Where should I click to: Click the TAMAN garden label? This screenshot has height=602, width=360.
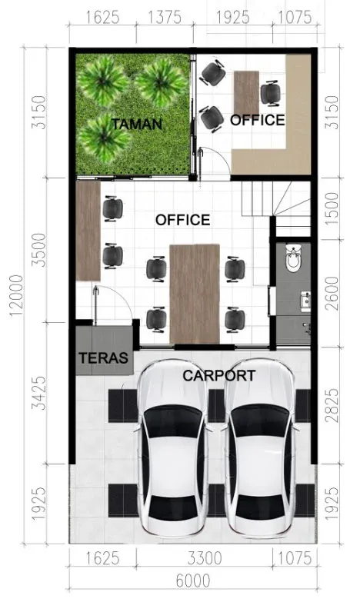pos(136,123)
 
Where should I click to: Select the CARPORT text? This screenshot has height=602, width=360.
pos(218,375)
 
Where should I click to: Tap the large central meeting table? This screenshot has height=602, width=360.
pos(195,293)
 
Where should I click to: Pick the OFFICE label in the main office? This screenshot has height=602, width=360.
pos(182,220)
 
